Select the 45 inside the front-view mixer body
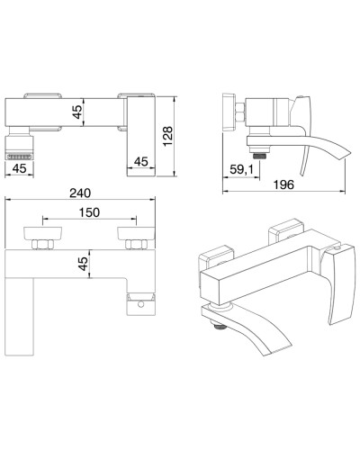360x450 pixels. pyautogui.click(x=79, y=112)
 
